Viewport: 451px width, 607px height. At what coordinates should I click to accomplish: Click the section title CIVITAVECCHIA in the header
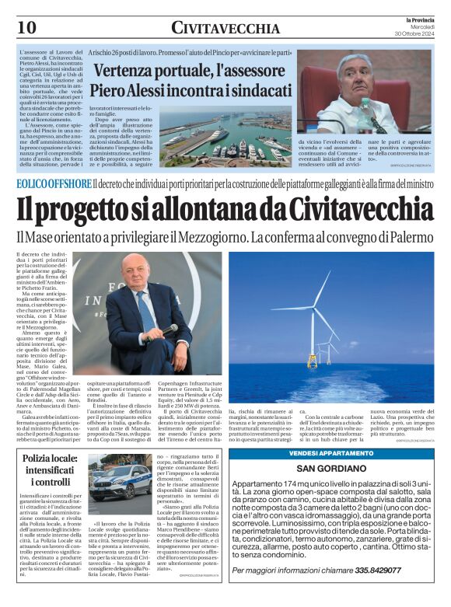pyautogui.click(x=226, y=29)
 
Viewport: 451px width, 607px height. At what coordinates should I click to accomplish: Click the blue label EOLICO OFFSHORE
pyautogui.click(x=53, y=183)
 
